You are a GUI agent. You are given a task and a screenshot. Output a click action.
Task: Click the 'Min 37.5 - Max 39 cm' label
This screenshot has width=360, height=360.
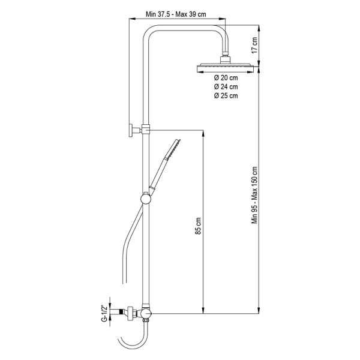tap(176, 14)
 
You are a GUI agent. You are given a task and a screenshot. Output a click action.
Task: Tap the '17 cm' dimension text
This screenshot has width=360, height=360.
tap(254, 46)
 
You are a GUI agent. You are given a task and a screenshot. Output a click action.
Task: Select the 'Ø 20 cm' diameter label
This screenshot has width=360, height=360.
tap(226, 78)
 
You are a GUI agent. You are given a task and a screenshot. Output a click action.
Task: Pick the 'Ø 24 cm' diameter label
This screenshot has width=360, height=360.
tap(226, 87)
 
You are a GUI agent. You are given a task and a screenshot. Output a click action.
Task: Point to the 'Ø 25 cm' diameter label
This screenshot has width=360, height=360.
tap(226, 96)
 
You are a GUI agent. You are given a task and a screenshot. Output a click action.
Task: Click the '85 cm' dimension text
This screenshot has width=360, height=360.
tap(198, 226)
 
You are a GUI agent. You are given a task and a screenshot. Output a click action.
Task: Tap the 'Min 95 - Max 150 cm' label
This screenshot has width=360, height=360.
tap(254, 195)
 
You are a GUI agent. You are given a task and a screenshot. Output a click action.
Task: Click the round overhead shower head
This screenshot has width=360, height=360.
tap(225, 68)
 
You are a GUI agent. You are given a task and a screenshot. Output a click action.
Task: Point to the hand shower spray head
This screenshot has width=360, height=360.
tap(172, 149)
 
